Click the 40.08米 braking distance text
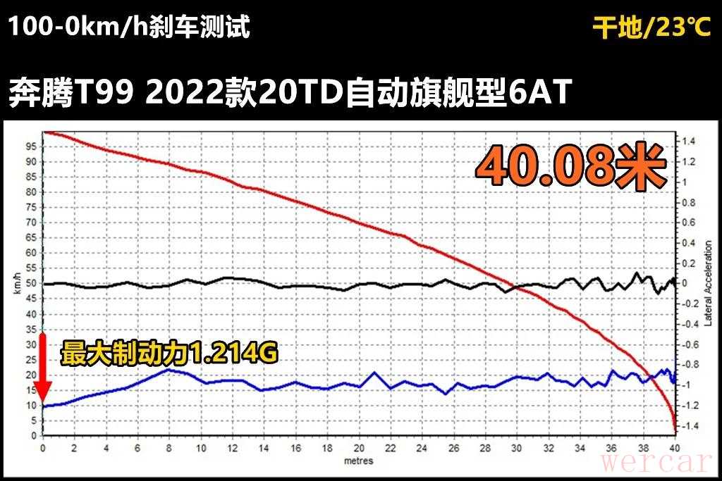(571, 167)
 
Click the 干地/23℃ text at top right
(652, 28)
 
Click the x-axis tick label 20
(359, 449)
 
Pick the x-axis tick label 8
(169, 449)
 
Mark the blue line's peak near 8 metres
(168, 369)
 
